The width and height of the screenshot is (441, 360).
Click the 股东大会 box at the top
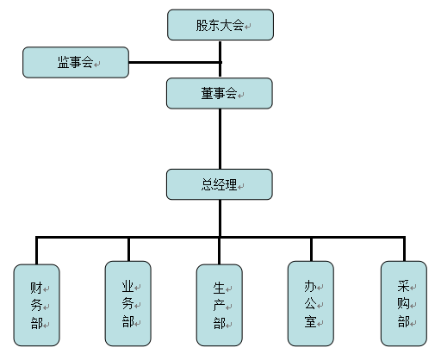pyautogui.click(x=220, y=25)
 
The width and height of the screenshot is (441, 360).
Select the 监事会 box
pyautogui.click(x=76, y=62)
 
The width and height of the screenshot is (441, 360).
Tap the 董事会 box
pyautogui.click(x=220, y=93)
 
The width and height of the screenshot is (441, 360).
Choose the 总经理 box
pyautogui.click(x=220, y=184)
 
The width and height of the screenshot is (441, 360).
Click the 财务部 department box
pyautogui.click(x=36, y=305)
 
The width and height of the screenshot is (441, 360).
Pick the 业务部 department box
pyautogui.click(x=128, y=304)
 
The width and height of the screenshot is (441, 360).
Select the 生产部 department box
pyautogui.click(x=220, y=305)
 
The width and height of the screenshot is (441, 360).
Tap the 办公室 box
pyautogui.click(x=311, y=304)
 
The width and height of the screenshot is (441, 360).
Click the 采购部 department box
pyautogui.click(x=404, y=304)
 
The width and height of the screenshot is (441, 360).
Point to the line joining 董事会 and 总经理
pyautogui.click(x=220, y=139)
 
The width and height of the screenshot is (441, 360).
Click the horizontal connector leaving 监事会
pyautogui.click(x=175, y=62)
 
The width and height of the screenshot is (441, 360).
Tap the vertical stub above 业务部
pyautogui.click(x=128, y=250)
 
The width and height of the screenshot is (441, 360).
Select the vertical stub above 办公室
pyautogui.click(x=311, y=250)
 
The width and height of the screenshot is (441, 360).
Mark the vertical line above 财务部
pyautogui.click(x=36, y=251)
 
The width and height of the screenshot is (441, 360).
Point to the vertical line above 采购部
pyautogui.click(x=404, y=249)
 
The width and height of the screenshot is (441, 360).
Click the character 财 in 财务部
pyautogui.click(x=36, y=288)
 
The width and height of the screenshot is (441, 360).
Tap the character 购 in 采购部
pyautogui.click(x=404, y=303)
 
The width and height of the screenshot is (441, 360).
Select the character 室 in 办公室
pyautogui.click(x=311, y=321)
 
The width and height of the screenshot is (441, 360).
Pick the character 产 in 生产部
pyautogui.click(x=220, y=306)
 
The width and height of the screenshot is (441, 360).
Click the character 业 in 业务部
pyautogui.click(x=127, y=286)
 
